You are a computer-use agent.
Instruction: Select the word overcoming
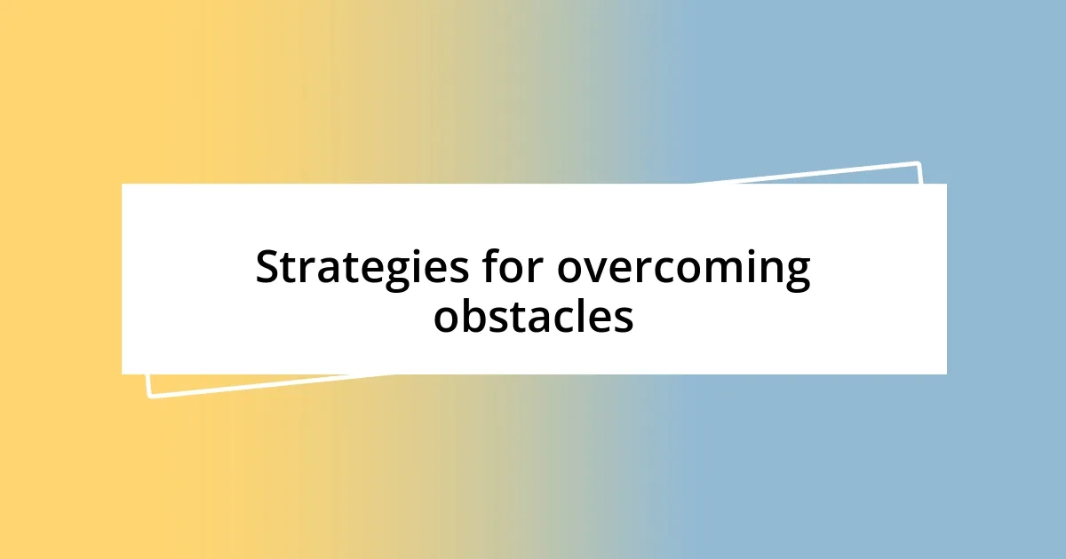click(684, 269)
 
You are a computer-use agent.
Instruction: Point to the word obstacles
click(533, 316)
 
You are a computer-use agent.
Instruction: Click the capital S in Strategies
click(267, 267)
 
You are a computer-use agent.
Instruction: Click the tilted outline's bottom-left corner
click(149, 396)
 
